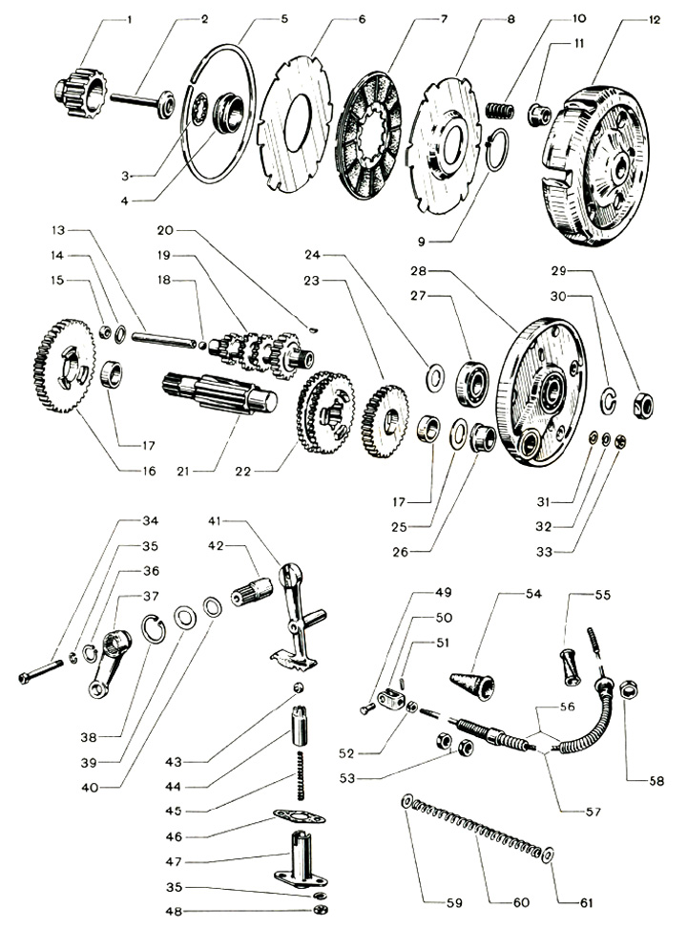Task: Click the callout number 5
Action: tap(258, 19)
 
